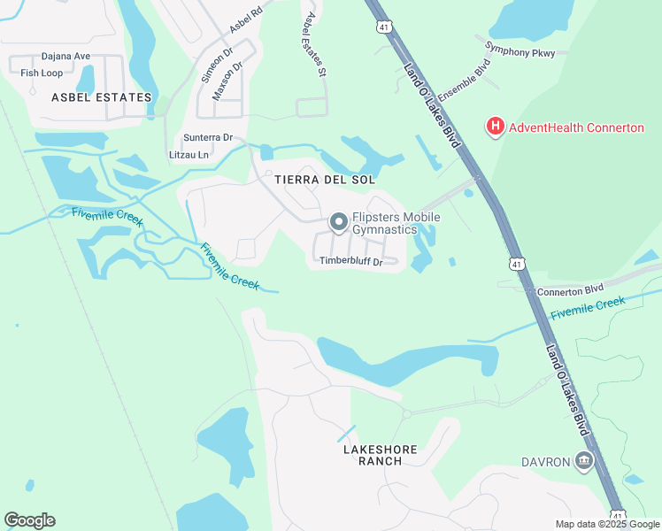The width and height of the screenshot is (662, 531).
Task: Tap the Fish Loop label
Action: click(x=42, y=73)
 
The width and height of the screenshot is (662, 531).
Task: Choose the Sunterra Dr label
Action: click(x=208, y=138)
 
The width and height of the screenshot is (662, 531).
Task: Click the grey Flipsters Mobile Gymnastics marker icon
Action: click(x=338, y=222)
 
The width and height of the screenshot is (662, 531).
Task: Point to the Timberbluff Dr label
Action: click(x=350, y=261)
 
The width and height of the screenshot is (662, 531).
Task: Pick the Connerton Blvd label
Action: click(x=569, y=289)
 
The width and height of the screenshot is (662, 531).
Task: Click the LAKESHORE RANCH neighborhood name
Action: click(x=380, y=455)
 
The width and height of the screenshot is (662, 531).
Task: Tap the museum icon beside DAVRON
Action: click(x=583, y=460)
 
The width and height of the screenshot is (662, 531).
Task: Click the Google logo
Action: click(x=29, y=520)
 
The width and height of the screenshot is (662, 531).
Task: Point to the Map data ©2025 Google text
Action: click(x=607, y=524)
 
